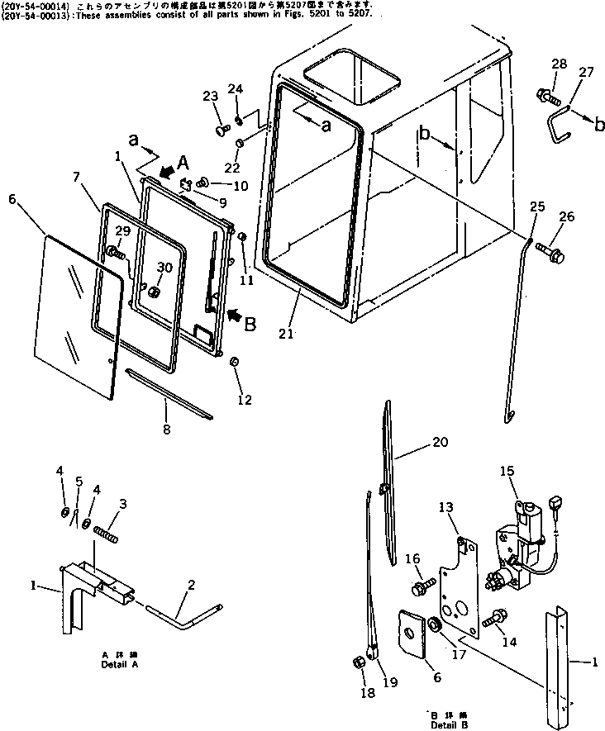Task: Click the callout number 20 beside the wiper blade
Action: [x=441, y=442]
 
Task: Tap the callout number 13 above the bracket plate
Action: [x=445, y=506]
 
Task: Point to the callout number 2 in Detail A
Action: [x=191, y=585]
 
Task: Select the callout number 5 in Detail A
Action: [x=79, y=481]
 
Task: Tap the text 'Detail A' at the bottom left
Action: [x=120, y=664]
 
